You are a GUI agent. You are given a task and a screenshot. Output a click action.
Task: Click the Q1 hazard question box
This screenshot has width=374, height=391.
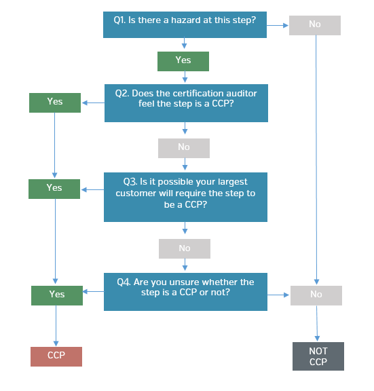click(x=185, y=24)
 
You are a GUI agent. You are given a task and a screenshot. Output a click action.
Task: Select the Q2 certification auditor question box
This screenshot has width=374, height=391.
click(x=186, y=103)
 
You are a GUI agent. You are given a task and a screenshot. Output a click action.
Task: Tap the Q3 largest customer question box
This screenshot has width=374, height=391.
click(x=185, y=197)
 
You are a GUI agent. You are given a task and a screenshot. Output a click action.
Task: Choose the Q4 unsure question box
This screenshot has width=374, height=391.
click(x=185, y=292)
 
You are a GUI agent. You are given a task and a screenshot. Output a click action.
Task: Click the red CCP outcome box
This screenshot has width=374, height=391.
click(x=56, y=356)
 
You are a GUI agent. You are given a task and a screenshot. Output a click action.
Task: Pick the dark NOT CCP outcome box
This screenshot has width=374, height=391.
click(x=318, y=356)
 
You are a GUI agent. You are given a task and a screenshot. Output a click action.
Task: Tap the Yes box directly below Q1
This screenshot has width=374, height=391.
click(x=183, y=61)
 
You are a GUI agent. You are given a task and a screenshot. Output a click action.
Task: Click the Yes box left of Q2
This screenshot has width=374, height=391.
click(x=55, y=103)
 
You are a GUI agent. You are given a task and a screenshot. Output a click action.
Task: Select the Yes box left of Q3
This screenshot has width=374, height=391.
click(x=54, y=189)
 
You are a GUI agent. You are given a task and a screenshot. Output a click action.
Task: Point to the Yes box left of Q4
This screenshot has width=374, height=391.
click(x=57, y=295)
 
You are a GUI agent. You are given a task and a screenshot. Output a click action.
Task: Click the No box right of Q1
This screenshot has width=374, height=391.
click(x=315, y=25)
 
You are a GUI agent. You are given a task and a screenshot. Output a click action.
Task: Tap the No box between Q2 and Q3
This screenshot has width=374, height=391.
click(x=184, y=148)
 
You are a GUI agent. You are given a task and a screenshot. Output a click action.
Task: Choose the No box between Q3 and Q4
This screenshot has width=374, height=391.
click(x=185, y=248)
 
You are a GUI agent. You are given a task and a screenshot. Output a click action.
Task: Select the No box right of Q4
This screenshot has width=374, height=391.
click(x=316, y=295)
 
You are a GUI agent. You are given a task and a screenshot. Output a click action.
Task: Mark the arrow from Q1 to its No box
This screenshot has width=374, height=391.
click(x=278, y=25)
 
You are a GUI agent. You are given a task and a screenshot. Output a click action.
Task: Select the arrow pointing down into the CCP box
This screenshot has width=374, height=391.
click(x=56, y=326)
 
